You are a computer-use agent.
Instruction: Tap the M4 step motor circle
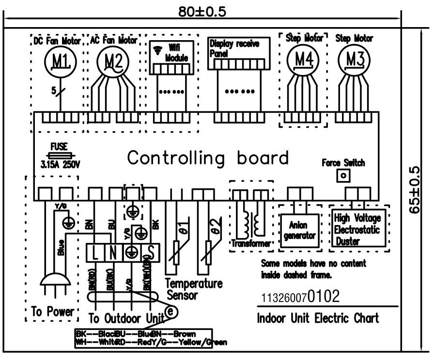[304, 60]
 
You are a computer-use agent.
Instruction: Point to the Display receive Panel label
[234, 47]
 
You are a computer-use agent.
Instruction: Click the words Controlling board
[208, 158]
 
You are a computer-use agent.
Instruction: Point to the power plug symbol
[51, 284]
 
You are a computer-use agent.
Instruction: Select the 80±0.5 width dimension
[202, 12]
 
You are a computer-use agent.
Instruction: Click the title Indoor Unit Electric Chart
[318, 318]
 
